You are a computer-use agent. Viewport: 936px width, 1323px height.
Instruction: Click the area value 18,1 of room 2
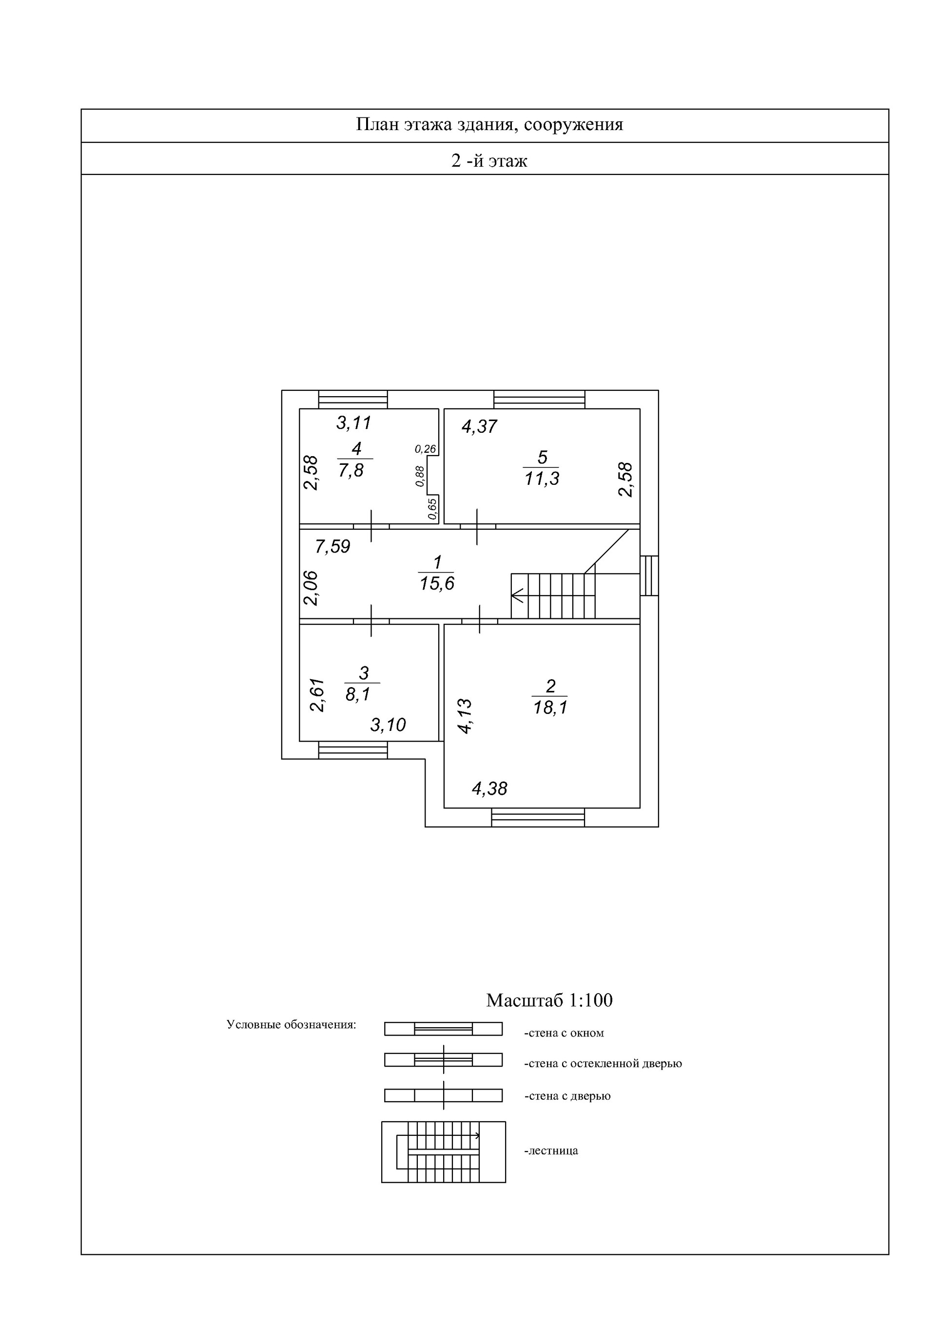click(x=550, y=708)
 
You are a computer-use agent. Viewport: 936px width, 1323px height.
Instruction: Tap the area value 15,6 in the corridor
click(x=437, y=584)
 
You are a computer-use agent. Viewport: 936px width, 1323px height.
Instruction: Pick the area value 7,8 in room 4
click(x=351, y=471)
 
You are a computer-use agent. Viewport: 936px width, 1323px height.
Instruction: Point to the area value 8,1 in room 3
click(x=358, y=694)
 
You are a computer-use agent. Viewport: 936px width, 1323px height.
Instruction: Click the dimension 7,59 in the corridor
click(x=332, y=546)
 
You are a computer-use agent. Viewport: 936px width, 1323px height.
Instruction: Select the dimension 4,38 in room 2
click(x=489, y=788)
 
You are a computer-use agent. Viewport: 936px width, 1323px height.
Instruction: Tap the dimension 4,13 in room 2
click(x=465, y=716)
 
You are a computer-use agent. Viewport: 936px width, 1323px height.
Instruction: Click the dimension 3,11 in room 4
click(x=354, y=423)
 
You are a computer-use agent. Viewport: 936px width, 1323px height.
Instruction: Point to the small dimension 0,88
click(x=420, y=476)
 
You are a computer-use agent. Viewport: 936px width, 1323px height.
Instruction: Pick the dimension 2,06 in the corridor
click(x=311, y=588)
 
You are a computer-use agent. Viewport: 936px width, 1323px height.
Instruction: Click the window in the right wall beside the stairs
click(x=649, y=575)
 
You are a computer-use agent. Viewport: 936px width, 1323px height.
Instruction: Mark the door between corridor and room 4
click(x=371, y=525)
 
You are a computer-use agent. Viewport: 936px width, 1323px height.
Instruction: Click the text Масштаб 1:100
click(x=549, y=1000)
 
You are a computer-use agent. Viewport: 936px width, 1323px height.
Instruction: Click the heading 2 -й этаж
click(x=489, y=160)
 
